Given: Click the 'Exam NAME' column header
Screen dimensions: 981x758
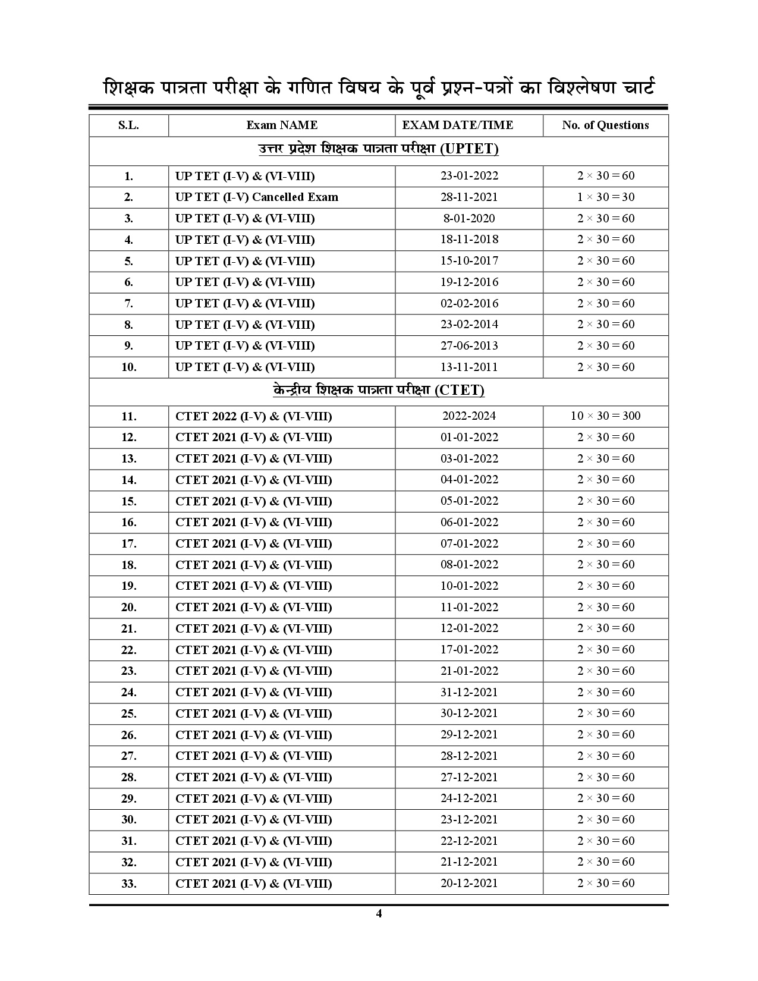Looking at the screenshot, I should pos(282,125).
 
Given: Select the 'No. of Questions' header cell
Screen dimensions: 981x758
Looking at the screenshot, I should pos(605,125).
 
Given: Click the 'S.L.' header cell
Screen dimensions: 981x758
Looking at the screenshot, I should pos(128,125).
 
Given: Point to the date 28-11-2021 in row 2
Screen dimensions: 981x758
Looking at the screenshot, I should pos(469,197).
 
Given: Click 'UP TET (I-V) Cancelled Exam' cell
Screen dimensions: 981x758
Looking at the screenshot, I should pos(257,197).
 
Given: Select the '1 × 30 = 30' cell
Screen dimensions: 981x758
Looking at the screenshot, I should pos(605,197).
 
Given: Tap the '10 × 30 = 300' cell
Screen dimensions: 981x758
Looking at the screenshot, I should pos(605,416).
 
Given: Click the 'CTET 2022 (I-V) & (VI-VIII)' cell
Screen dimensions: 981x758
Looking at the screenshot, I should pos(254,416).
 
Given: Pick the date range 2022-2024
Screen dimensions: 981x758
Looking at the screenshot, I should pos(469,416).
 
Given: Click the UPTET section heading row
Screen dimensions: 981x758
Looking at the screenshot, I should pos(379,149).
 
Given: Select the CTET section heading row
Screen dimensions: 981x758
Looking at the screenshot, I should pos(379,391).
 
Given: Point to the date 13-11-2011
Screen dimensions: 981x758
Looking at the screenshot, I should pos(469,367).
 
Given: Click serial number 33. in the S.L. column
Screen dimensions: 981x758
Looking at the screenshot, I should pos(128,884).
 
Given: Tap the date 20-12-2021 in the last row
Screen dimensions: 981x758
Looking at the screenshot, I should pos(469,883).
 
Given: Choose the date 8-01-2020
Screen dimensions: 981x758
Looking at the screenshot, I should pos(469,219).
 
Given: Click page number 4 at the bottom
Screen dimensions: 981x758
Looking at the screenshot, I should pos(379,914).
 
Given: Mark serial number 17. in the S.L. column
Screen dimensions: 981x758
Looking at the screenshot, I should pos(128,544).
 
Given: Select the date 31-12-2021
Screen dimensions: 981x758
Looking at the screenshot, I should pos(469,693).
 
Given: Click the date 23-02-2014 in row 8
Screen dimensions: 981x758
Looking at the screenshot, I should pos(469,325).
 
